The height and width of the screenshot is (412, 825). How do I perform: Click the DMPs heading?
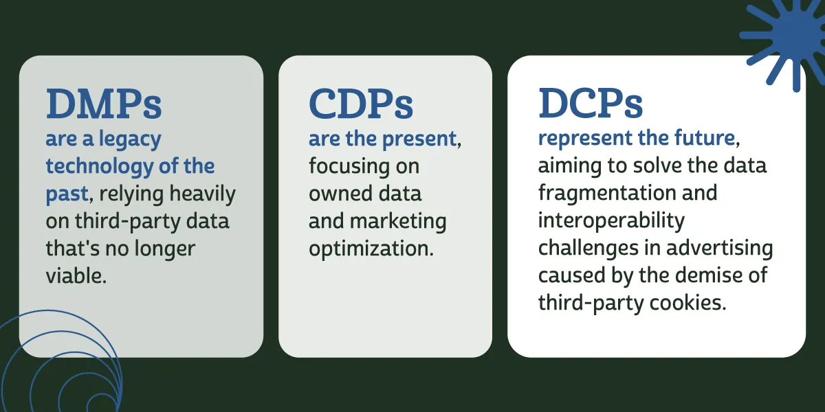point(104,105)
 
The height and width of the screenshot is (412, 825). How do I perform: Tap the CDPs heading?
point(361,105)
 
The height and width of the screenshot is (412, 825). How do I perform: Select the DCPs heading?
point(591,104)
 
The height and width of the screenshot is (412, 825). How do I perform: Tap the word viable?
point(76,276)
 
